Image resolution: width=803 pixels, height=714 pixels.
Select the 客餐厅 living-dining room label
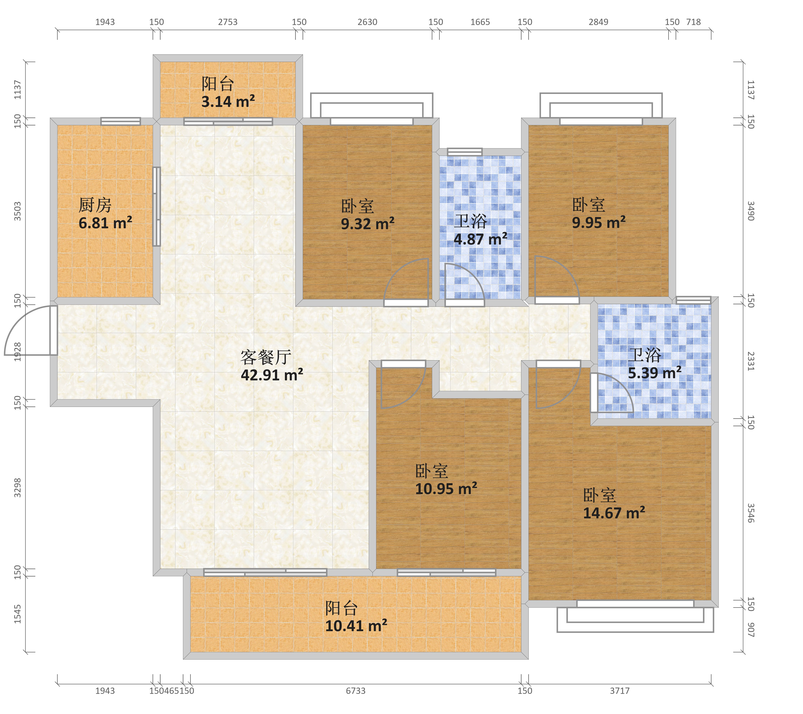pos(266,357)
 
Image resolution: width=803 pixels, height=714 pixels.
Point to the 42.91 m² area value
pos(272,375)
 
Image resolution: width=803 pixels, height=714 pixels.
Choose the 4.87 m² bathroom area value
pos(481,239)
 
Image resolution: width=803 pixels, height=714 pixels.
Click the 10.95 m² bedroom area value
pos(446,489)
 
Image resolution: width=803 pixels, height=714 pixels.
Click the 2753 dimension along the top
pos(228,22)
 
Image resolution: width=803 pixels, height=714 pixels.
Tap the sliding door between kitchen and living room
pos(156,206)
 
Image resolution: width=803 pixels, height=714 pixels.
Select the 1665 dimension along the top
pos(480,22)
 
